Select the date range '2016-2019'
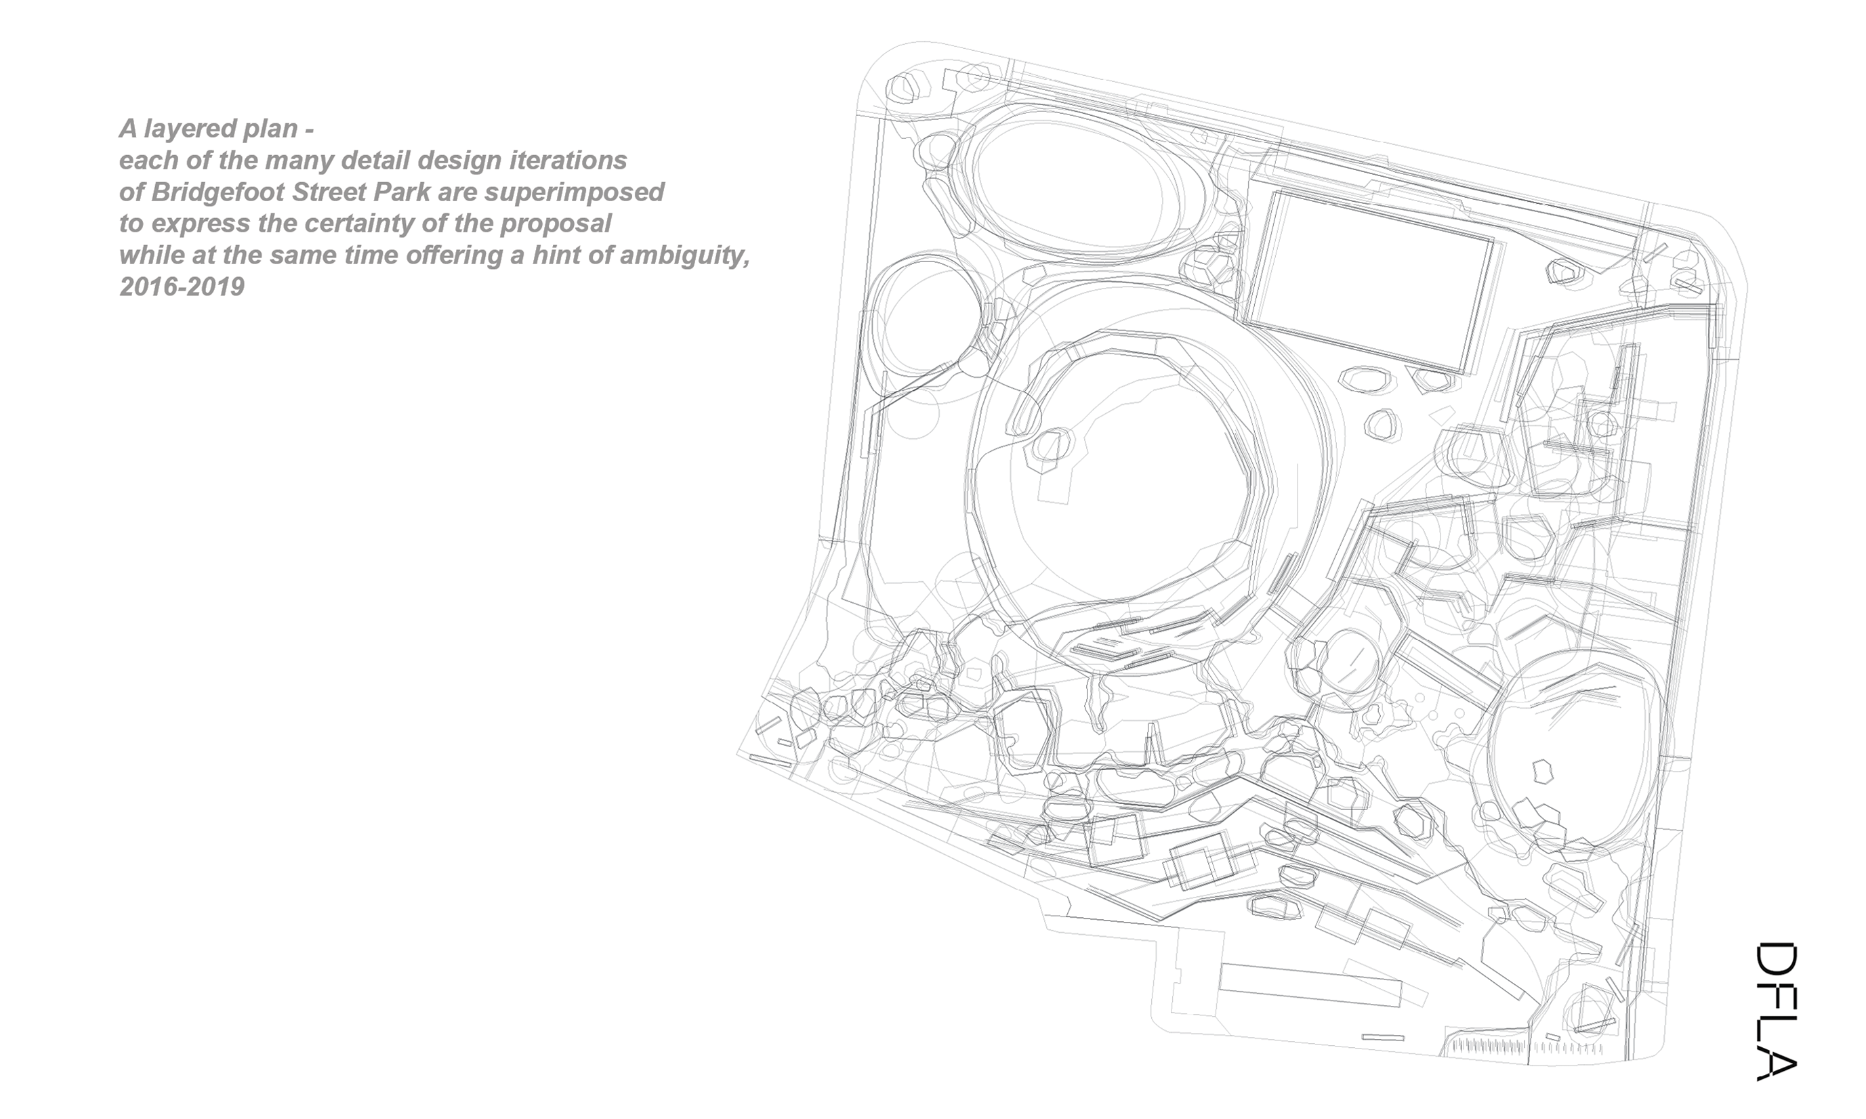point(182,287)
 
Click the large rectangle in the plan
point(1368,282)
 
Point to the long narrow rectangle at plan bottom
point(1311,985)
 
